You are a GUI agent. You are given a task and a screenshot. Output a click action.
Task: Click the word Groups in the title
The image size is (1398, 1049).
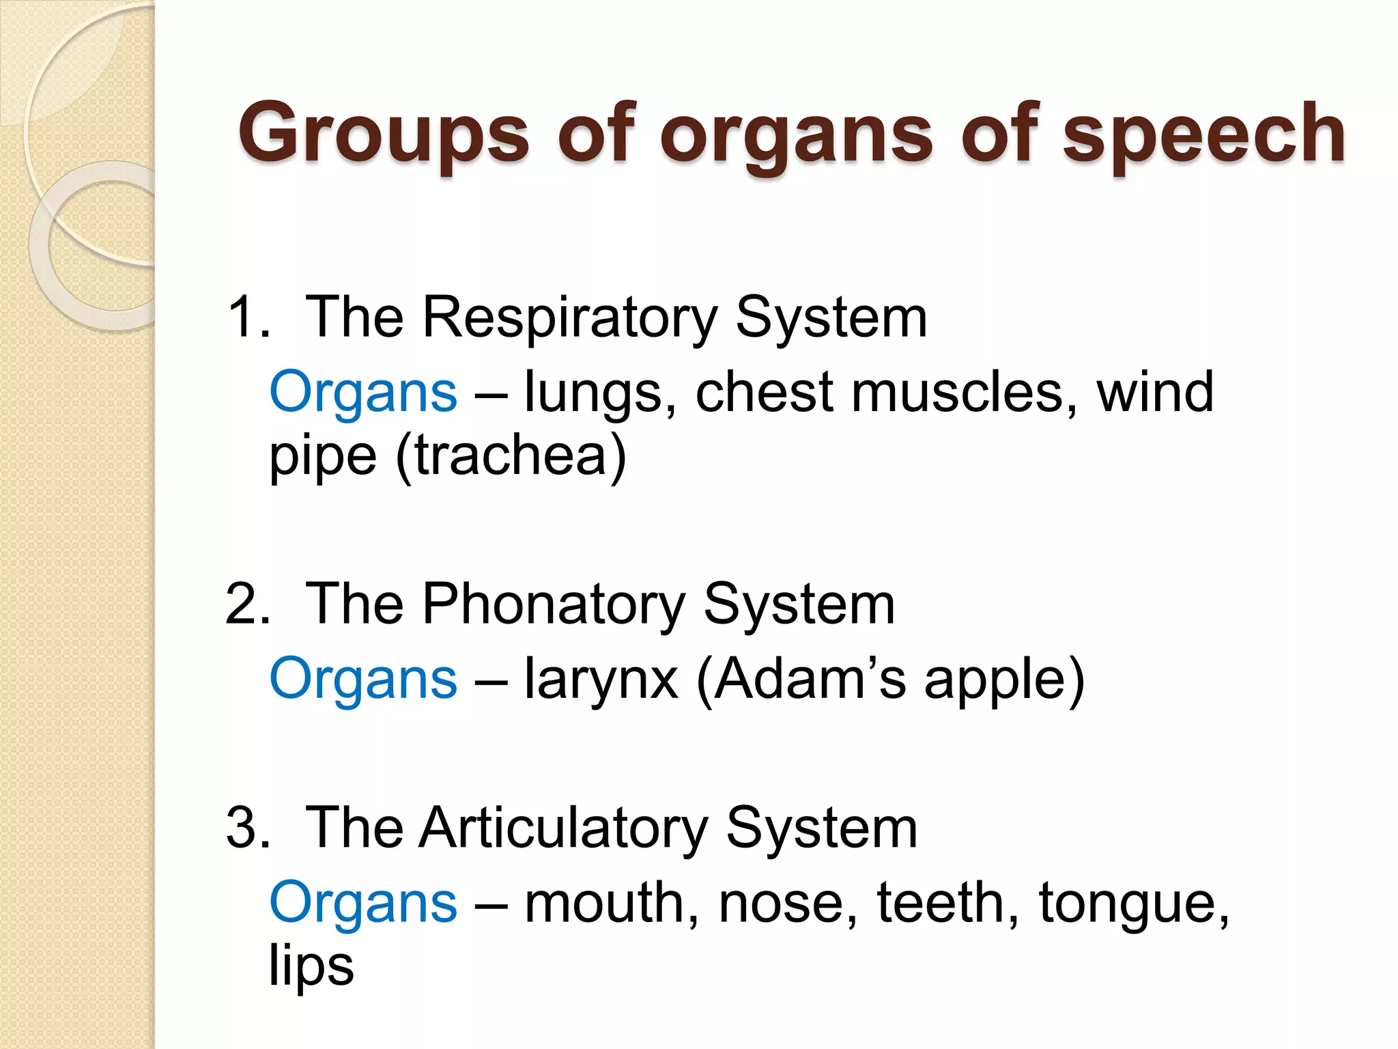click(x=383, y=133)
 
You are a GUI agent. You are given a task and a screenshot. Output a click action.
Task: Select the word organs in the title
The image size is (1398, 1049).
click(x=796, y=133)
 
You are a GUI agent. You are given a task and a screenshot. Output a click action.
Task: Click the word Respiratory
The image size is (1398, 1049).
click(x=570, y=317)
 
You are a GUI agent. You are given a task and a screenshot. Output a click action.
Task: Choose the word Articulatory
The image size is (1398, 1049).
click(x=563, y=828)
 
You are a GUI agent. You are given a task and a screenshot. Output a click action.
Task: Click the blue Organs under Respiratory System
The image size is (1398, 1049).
click(x=363, y=393)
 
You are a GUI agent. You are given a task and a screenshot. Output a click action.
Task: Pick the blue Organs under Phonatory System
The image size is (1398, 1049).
click(x=363, y=680)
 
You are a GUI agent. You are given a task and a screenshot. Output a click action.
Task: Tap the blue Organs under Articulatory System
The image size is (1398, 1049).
click(x=363, y=903)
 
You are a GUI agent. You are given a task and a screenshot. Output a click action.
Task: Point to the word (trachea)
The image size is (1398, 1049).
click(x=511, y=456)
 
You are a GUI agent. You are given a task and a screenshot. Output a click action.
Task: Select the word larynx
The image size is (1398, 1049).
click(x=601, y=680)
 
